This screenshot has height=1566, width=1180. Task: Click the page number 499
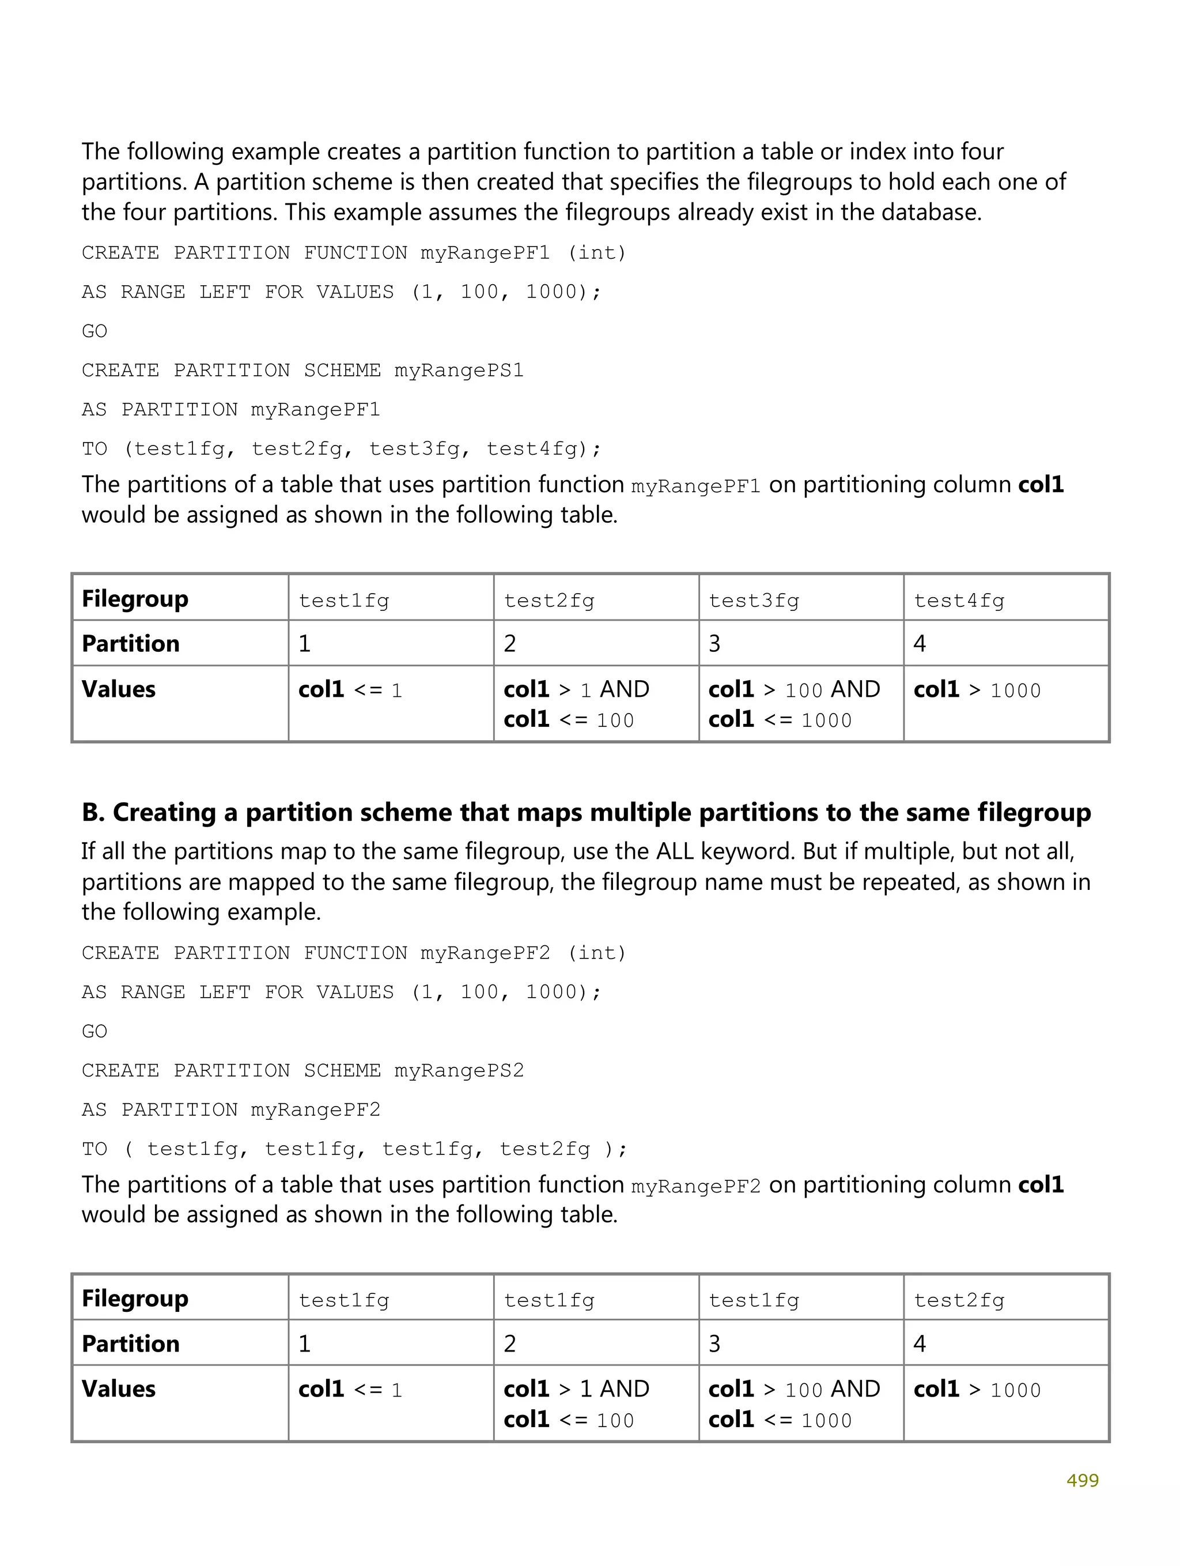tap(1081, 1480)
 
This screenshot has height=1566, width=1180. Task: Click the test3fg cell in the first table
tap(753, 601)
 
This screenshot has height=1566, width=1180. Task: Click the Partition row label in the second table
tap(130, 1344)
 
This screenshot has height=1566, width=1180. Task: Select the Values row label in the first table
tap(118, 689)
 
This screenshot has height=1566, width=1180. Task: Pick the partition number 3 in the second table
tap(714, 1344)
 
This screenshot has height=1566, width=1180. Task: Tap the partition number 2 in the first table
tap(510, 644)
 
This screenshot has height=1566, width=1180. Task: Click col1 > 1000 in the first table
tap(977, 689)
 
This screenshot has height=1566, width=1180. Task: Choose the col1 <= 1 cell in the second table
tap(350, 1389)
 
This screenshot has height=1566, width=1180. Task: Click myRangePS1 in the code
tap(459, 370)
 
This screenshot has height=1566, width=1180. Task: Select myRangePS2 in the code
tap(459, 1070)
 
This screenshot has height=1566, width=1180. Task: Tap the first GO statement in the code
tap(94, 331)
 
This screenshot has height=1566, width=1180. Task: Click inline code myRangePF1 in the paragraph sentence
tap(695, 486)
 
